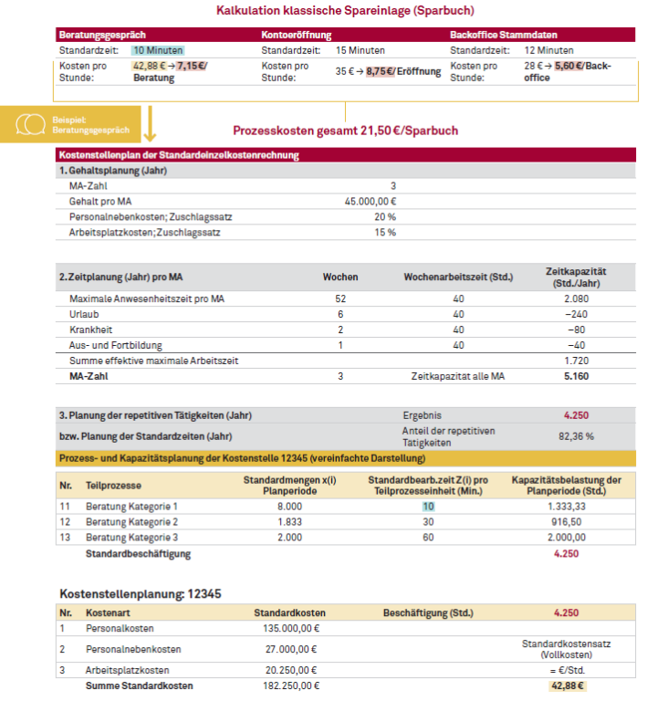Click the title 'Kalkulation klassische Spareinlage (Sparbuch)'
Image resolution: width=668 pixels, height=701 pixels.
point(333,11)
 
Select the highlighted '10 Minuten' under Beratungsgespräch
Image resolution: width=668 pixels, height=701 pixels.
point(157,50)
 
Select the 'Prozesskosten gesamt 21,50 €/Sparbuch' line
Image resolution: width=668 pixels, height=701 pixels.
point(345,131)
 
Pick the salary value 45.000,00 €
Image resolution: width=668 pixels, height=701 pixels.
point(370,201)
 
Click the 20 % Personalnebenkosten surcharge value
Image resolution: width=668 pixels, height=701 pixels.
point(384,216)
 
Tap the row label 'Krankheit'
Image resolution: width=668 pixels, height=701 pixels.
point(91,330)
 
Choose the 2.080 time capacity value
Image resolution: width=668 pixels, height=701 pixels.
point(575,298)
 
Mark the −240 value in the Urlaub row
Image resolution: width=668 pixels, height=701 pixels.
point(575,314)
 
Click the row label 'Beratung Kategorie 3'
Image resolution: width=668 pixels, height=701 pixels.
point(131,537)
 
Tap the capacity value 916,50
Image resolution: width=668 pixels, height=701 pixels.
point(567,521)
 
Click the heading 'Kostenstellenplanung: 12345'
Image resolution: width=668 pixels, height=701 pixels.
point(140,593)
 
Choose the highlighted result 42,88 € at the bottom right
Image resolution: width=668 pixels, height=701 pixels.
point(567,685)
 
